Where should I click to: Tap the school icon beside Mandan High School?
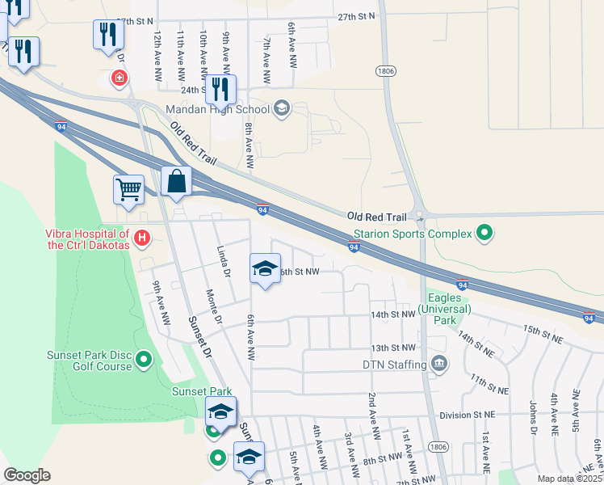(x=282, y=109)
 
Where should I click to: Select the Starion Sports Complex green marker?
(x=484, y=234)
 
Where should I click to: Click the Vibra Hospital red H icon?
(x=142, y=238)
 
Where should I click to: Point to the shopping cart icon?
(x=128, y=190)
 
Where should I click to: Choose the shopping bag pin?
(x=176, y=182)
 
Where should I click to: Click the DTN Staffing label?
(x=394, y=365)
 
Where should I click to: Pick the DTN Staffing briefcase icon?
(x=438, y=363)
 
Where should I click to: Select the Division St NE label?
(x=467, y=415)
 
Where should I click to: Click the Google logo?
(x=27, y=475)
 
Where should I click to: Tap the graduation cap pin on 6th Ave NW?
(x=264, y=269)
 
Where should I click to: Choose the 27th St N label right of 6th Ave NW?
(x=357, y=16)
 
